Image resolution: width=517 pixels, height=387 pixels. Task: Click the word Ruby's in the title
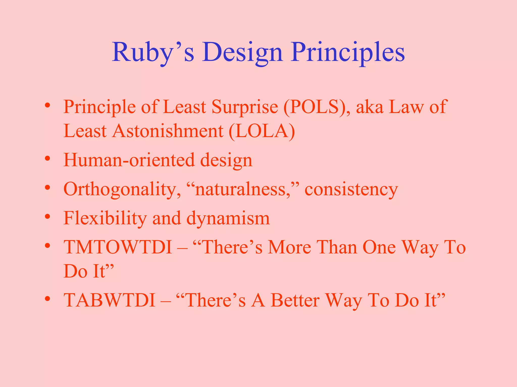coord(153,52)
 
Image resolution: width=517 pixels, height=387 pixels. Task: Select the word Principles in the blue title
coord(348,52)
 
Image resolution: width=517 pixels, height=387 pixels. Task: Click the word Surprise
coord(245,107)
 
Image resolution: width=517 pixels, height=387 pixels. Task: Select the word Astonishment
coord(168,131)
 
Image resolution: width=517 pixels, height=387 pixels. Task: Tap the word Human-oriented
coord(129,160)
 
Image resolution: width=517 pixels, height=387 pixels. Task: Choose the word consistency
coord(351,189)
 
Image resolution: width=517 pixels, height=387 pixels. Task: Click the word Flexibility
coord(105,218)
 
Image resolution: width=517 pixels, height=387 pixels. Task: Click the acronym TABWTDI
coord(109,300)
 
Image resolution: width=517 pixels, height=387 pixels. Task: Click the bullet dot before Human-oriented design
coord(47,159)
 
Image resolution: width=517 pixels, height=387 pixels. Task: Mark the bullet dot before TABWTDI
coord(47,299)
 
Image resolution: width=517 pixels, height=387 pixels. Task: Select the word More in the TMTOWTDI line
coord(289,247)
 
